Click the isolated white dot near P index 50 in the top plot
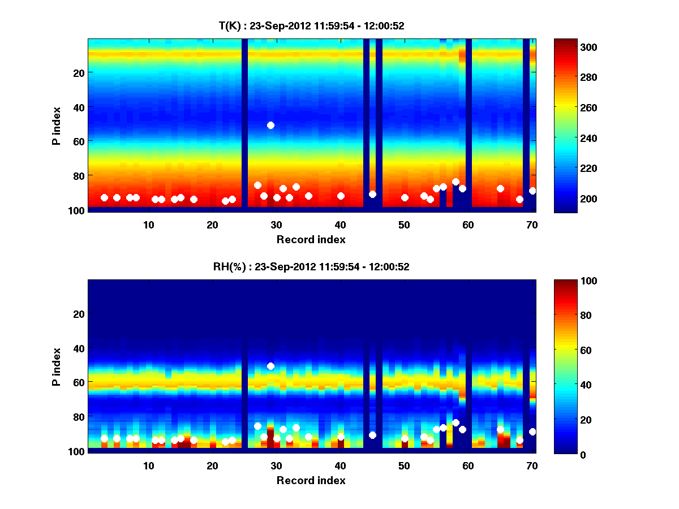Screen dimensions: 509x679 (x=270, y=125)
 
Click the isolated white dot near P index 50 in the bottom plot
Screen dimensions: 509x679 (x=270, y=366)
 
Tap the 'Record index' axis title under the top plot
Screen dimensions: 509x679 (x=311, y=239)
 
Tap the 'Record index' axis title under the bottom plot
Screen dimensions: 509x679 (x=311, y=480)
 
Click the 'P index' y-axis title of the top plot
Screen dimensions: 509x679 (x=57, y=125)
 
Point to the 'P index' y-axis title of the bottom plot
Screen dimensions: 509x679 (x=57, y=366)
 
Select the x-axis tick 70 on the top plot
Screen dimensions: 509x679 (x=532, y=225)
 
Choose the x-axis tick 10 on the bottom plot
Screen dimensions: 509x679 (x=149, y=465)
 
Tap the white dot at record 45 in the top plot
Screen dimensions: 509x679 (x=372, y=194)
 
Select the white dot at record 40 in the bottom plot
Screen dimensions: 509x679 (x=341, y=437)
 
